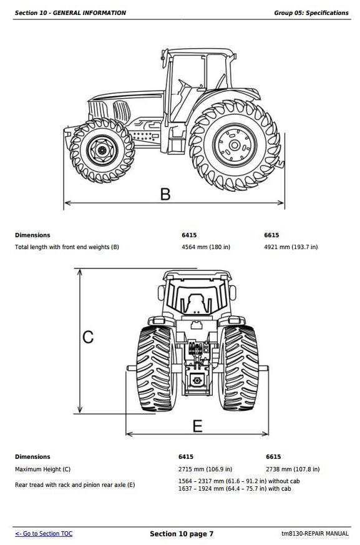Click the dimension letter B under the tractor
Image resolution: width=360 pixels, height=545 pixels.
(165, 194)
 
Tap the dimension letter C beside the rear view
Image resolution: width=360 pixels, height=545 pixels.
(88, 337)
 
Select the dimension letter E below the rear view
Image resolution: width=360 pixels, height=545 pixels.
(197, 426)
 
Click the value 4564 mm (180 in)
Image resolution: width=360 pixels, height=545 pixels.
(206, 247)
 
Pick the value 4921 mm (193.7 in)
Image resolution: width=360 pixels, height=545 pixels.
(291, 247)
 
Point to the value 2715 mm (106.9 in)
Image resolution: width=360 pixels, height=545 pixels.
(205, 469)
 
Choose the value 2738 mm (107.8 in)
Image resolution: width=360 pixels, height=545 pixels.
(293, 469)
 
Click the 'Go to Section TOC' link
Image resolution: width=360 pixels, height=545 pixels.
(44, 534)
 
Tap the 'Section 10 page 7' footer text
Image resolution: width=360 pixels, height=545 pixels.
(182, 534)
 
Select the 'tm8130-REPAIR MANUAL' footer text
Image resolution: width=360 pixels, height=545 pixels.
(315, 534)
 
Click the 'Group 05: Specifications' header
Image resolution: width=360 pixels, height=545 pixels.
(311, 13)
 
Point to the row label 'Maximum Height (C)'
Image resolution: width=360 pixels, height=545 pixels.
(43, 469)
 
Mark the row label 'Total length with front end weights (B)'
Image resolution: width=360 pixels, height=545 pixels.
(67, 247)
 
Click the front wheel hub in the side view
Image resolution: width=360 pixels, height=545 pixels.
(102, 150)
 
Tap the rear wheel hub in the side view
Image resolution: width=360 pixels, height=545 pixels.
(235, 145)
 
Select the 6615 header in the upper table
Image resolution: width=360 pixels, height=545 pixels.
(271, 235)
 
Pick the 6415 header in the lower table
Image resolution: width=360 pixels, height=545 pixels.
(186, 457)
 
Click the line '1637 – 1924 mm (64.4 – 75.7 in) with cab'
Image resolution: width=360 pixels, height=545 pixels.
(235, 489)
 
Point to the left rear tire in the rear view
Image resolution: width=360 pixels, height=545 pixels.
(156, 368)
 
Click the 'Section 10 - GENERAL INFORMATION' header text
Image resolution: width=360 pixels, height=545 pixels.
(71, 13)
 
